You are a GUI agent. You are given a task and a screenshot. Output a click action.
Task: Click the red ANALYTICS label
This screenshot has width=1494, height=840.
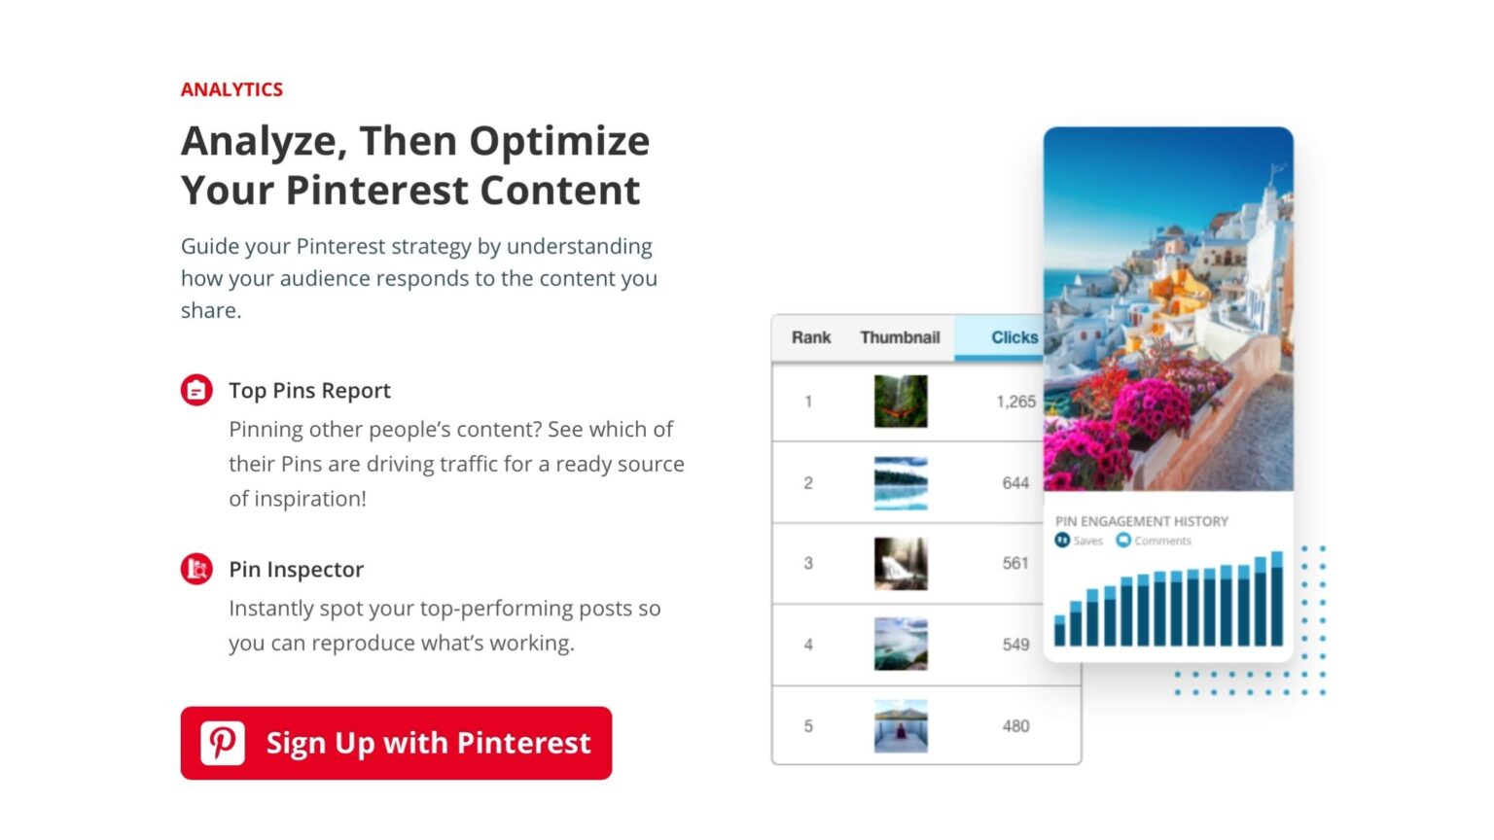click(231, 89)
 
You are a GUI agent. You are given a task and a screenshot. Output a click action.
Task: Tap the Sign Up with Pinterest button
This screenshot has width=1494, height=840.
click(396, 743)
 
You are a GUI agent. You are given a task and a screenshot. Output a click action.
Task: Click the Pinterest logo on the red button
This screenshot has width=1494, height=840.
click(223, 743)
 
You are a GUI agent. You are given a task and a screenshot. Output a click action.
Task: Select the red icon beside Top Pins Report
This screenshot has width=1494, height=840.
click(196, 391)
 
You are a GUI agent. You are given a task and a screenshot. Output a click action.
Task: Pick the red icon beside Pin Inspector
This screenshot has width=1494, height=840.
click(196, 569)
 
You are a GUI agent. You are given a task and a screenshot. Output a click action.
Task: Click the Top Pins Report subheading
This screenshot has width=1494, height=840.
click(309, 391)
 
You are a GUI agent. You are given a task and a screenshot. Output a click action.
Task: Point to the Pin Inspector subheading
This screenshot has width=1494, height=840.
click(296, 570)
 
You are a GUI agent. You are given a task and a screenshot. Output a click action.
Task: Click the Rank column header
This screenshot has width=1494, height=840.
click(810, 337)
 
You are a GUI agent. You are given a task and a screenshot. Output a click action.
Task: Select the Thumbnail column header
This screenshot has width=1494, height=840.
click(900, 337)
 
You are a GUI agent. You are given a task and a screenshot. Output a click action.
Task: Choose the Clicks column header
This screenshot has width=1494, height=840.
click(1013, 337)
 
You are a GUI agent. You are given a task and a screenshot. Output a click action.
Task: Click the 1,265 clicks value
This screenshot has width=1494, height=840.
click(1015, 402)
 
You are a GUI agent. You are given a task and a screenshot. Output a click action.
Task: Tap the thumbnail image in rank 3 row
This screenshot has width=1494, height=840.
click(901, 564)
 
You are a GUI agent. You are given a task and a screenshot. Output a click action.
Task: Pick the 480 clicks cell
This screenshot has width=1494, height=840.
click(1015, 726)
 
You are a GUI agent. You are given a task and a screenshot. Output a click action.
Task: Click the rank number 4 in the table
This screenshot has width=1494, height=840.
click(808, 645)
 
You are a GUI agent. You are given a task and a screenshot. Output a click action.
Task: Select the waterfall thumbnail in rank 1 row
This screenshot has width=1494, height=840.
click(901, 402)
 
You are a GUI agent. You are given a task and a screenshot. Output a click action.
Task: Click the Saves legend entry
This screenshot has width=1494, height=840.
click(1080, 541)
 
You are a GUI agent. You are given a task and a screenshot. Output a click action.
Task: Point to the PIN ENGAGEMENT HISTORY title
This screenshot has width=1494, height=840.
click(1142, 521)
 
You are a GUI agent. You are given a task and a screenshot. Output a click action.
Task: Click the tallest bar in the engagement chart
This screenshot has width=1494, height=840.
click(1277, 601)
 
